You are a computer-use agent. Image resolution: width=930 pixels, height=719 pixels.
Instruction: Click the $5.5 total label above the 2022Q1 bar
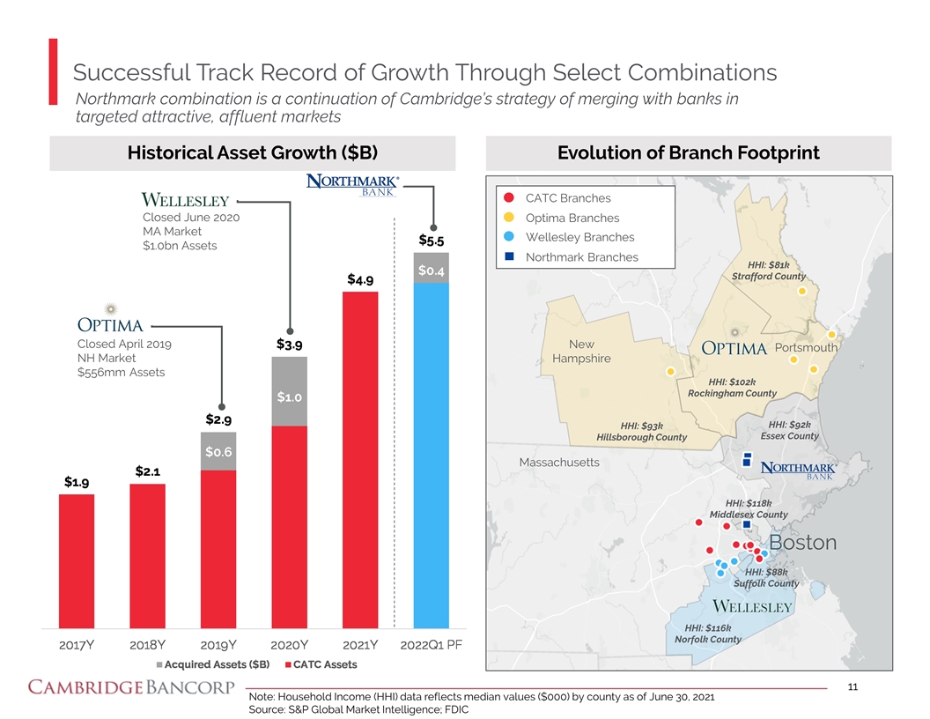[x=432, y=240]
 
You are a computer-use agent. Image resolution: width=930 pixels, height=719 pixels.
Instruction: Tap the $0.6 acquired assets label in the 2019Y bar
[x=218, y=451]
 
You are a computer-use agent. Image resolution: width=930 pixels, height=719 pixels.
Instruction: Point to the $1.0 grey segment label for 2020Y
[x=289, y=397]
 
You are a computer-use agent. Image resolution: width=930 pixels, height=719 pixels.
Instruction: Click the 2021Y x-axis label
[x=359, y=644]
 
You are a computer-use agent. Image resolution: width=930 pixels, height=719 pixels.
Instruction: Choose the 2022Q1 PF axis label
[x=432, y=644]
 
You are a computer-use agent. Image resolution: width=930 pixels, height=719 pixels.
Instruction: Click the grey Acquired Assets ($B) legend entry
[x=212, y=663]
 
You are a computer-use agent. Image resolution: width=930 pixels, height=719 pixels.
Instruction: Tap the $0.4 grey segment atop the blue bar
[x=432, y=270]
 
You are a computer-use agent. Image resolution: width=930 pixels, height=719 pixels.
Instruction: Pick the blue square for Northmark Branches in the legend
[x=508, y=257]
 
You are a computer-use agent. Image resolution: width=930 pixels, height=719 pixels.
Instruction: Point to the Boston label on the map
[x=802, y=543]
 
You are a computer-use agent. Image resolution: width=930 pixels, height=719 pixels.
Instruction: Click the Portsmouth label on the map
[x=806, y=347]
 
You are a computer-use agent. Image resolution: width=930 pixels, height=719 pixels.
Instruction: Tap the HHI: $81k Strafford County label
[x=768, y=271]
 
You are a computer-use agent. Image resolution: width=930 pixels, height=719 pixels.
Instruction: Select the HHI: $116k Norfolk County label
[x=707, y=633]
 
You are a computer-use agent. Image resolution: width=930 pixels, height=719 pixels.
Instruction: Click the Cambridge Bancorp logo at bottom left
[x=131, y=687]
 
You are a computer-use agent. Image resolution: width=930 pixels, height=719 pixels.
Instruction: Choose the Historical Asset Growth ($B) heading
[x=253, y=153]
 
